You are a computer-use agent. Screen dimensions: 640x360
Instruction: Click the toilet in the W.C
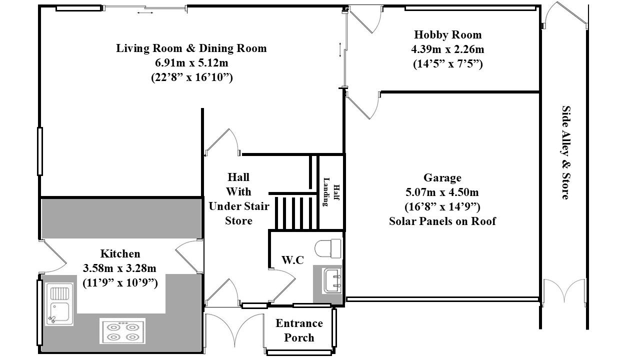(x=328, y=248)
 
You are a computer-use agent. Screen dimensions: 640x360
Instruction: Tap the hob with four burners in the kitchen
(x=122, y=331)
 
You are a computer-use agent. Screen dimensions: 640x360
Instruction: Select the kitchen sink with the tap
(x=59, y=304)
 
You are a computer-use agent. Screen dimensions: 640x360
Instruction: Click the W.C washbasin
(x=332, y=281)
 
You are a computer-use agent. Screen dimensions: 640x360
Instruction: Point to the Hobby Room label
(x=447, y=35)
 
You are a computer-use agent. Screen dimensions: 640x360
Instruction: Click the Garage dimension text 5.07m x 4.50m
(x=442, y=192)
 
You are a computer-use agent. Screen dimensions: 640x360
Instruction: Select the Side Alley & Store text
(x=566, y=152)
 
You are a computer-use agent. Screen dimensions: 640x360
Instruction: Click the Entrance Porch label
(x=299, y=330)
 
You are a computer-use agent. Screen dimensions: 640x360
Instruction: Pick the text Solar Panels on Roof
(x=442, y=221)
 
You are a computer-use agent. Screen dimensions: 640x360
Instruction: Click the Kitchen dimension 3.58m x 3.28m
(x=119, y=268)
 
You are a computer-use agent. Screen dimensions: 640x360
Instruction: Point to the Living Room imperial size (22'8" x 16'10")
(x=191, y=77)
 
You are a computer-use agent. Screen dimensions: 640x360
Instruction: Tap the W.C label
(x=292, y=260)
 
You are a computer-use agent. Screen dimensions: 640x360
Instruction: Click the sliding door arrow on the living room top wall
(x=145, y=12)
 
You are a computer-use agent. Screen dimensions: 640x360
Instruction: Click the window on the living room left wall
(x=40, y=151)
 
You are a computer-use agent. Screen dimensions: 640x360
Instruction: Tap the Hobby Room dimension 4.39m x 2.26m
(x=447, y=49)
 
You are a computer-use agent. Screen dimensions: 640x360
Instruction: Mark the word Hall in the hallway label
(x=238, y=177)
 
